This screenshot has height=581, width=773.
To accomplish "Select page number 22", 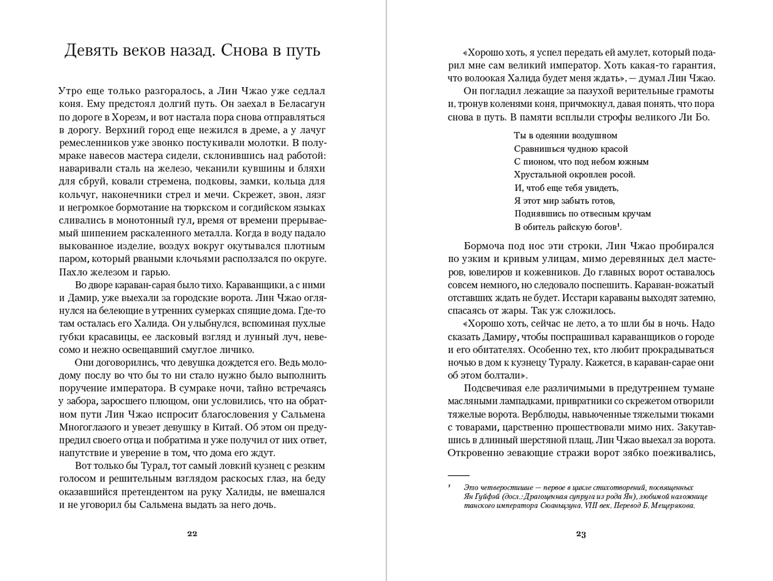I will point(192,533).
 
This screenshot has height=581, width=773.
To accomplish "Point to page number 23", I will point(581,534).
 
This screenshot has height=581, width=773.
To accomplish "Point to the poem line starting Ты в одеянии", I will point(565,135).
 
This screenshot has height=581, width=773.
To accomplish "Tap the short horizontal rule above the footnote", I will point(458,475).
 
